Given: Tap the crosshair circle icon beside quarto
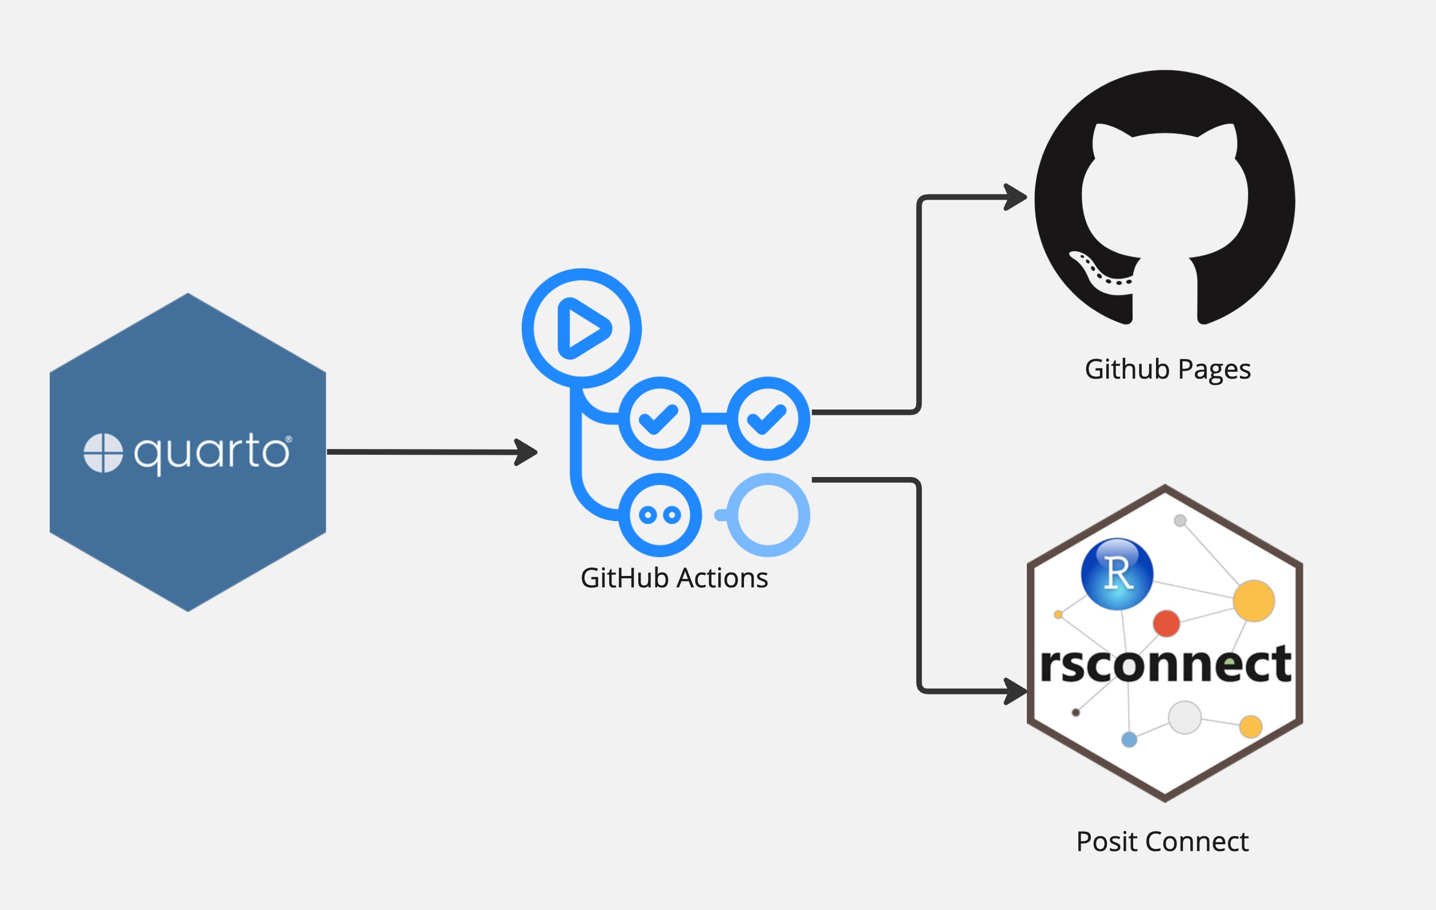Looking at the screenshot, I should coord(103,453).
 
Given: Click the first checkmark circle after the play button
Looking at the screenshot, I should coord(659,418).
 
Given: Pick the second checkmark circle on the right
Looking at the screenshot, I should coord(768,418).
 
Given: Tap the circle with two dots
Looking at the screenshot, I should coord(659,515).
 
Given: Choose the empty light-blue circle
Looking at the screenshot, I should coord(768,515).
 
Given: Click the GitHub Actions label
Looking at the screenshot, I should coord(674,578).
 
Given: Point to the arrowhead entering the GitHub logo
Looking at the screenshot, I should coord(1015,197).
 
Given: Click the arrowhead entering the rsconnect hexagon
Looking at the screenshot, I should coord(1015,691).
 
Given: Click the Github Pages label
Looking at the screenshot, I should coord(1167,369).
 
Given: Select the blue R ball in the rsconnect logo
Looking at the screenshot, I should coord(1117,574).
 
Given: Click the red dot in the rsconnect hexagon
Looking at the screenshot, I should coord(1166,623).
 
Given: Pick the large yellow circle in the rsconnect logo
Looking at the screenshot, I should coord(1254,601).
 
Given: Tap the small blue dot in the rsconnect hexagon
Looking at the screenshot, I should coord(1130,740).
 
